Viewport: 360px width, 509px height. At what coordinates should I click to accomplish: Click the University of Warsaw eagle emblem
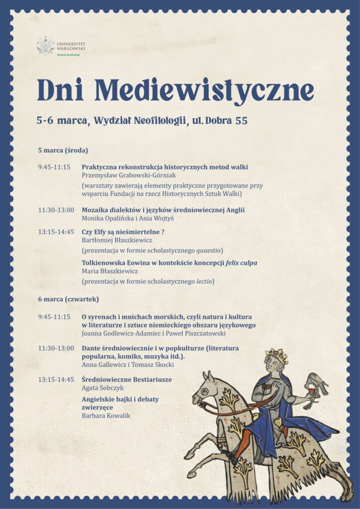point(45,46)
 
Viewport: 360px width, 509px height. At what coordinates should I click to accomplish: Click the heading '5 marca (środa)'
point(63,150)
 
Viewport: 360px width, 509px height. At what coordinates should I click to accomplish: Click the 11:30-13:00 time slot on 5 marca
point(56,210)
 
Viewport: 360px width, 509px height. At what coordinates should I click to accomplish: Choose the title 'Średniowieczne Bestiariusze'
point(127,379)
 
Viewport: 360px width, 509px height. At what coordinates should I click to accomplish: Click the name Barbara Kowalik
point(106,416)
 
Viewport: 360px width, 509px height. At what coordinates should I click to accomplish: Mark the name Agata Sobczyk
point(102,388)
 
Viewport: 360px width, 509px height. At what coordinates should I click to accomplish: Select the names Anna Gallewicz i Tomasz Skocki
point(128,365)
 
